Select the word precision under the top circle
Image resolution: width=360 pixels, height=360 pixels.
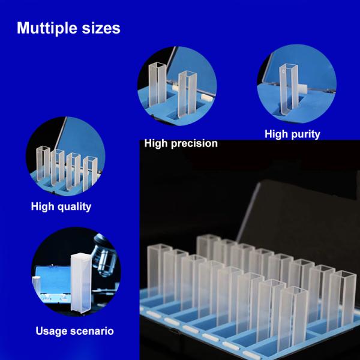coord(196,143)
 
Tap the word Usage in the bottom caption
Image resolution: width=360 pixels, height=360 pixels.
coord(50,331)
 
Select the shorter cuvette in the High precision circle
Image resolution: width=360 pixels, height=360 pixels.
coord(188,93)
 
